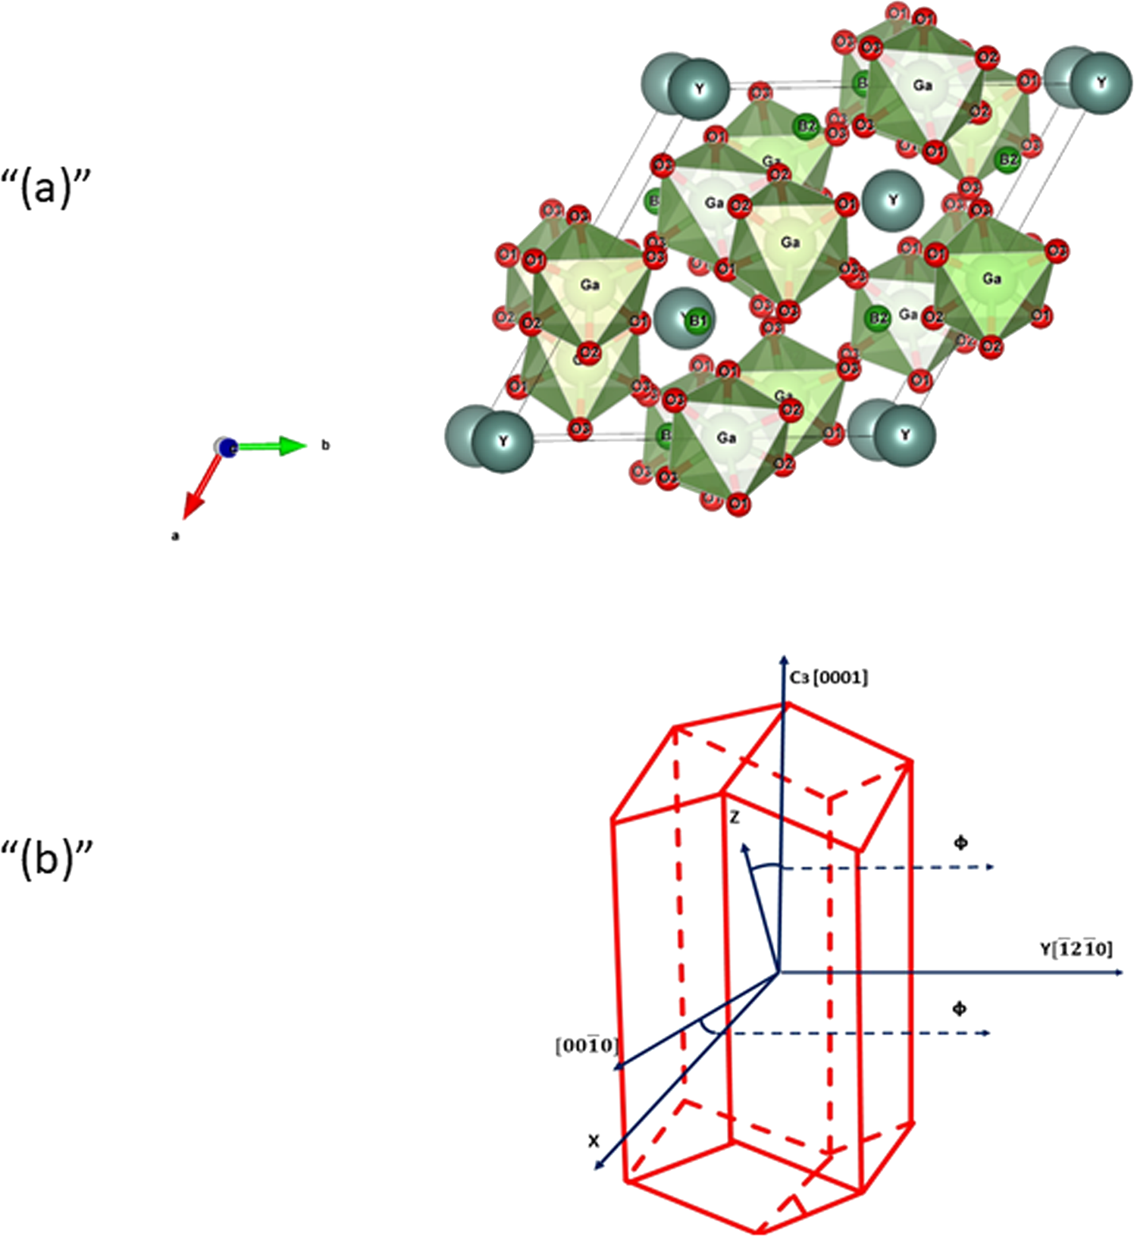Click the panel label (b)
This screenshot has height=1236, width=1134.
pos(47,860)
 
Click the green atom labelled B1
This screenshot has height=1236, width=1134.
pos(697,321)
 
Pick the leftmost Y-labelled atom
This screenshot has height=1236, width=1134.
pos(503,441)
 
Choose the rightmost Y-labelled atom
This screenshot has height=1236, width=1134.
pos(1101,83)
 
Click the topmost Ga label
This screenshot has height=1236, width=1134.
pos(922,86)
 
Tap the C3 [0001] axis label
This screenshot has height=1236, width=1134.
pos(829,677)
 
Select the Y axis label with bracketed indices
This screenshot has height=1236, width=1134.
pos(1076,948)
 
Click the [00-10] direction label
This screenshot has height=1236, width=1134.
pos(587,1046)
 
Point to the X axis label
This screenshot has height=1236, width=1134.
pos(594,1141)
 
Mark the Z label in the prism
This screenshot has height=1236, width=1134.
pos(734,818)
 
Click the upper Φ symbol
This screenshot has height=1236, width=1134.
pos(960,842)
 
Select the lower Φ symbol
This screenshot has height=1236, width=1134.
pos(959,1009)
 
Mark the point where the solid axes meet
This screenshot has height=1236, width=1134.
pos(778,972)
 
